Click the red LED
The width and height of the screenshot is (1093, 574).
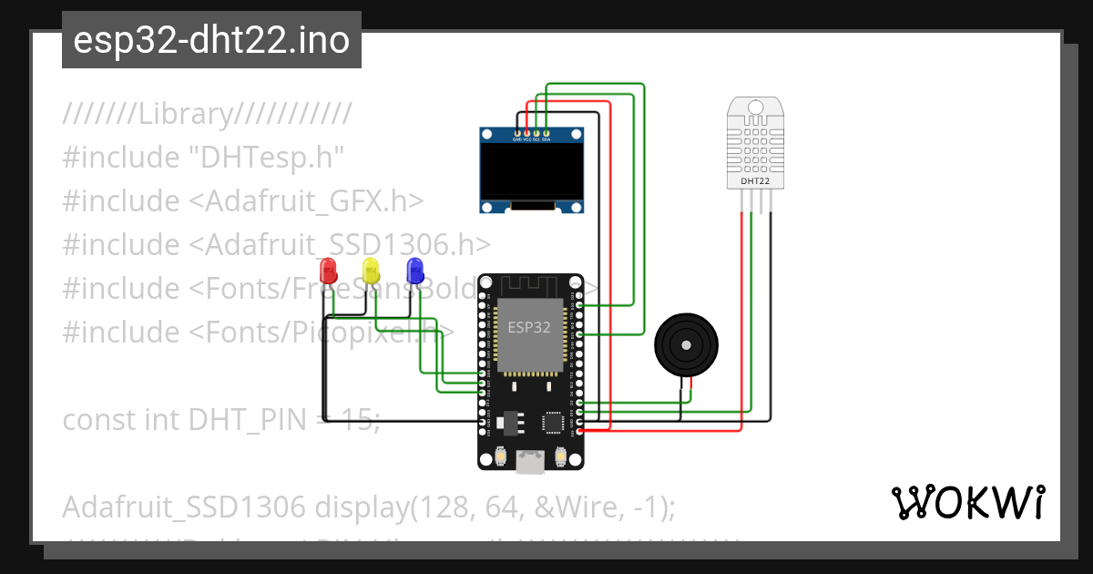[x=328, y=270]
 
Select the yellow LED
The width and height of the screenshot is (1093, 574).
[x=371, y=270]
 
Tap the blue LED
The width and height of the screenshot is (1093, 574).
[x=414, y=270]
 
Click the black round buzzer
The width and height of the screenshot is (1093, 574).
[x=686, y=345]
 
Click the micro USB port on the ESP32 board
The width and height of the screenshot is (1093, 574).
[x=529, y=463]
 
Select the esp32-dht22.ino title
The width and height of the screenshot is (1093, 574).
[x=211, y=40]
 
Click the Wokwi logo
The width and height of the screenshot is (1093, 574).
[x=967, y=502]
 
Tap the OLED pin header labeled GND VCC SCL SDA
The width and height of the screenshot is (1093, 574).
[x=531, y=135]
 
